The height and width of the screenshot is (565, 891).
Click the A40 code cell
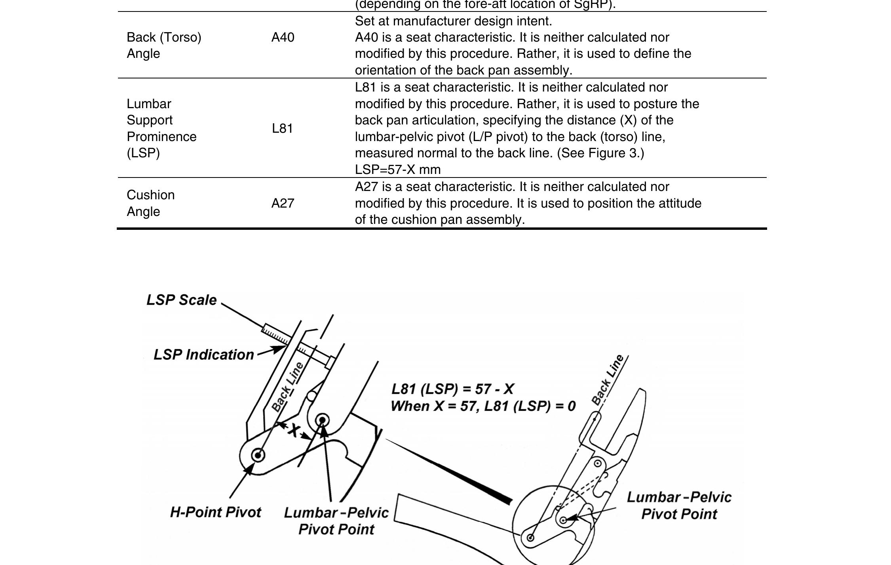coord(283,37)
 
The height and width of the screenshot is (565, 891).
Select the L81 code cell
coord(282,128)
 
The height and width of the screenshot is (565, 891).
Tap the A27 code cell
coord(283,203)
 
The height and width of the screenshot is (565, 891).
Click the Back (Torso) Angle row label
coord(164,45)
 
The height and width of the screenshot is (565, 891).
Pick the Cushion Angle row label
coord(150,203)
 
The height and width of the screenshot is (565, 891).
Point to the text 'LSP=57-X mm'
coord(397,170)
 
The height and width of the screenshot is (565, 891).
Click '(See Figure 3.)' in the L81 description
coord(600,153)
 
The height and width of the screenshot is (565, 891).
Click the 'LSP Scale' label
coord(181,300)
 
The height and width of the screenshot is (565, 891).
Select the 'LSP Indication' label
coord(203,355)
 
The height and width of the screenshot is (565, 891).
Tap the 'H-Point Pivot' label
coord(215,512)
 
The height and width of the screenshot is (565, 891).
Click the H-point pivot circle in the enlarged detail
coord(258,455)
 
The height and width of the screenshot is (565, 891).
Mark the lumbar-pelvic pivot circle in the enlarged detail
coord(323,420)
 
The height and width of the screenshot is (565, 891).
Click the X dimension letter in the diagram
coord(293,430)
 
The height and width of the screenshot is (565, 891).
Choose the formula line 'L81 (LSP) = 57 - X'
coord(452,389)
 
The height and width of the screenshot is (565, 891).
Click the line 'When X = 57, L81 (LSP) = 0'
coord(483,406)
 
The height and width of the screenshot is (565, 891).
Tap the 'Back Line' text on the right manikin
coord(608,380)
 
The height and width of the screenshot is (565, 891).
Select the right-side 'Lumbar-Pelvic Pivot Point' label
coord(679,506)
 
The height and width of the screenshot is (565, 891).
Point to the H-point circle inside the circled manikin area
coord(530,537)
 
